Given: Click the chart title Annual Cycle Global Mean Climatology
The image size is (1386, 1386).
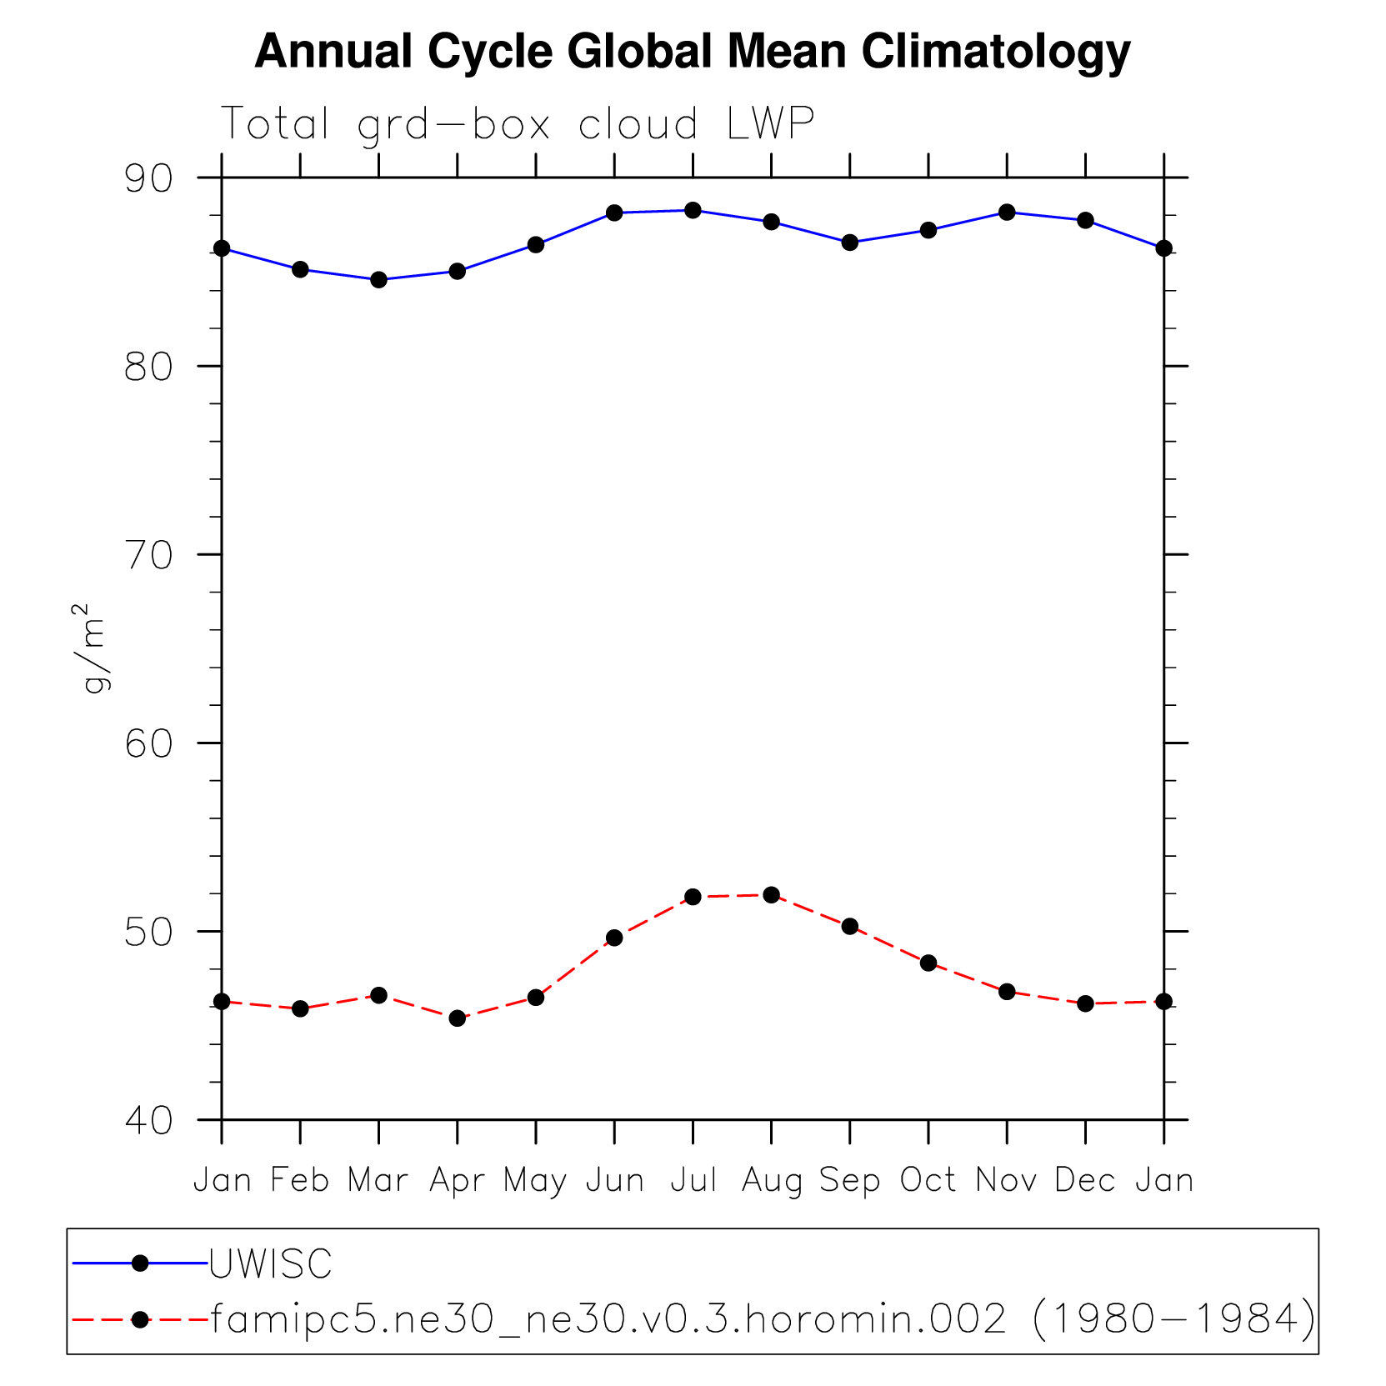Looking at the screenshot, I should [x=692, y=52].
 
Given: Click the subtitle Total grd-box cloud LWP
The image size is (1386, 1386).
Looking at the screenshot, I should [x=517, y=125].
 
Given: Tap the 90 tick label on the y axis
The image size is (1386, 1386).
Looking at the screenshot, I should [x=148, y=178].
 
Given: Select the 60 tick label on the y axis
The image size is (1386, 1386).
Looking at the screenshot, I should [x=148, y=743].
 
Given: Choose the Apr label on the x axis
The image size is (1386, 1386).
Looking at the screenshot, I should [x=457, y=1180].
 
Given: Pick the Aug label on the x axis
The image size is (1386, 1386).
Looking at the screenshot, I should [x=772, y=1180].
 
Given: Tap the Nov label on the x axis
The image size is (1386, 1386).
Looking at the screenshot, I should [x=1007, y=1180].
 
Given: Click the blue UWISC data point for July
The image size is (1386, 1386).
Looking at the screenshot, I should [x=693, y=210].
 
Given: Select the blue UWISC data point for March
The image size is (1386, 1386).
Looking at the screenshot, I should [x=378, y=280].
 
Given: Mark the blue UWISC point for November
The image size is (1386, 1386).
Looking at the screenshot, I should [x=1007, y=213].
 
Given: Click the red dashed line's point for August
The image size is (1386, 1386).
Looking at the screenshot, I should [x=771, y=895].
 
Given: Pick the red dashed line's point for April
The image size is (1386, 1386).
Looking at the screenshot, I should [x=457, y=1018].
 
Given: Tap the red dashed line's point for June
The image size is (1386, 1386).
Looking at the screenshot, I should [x=614, y=938].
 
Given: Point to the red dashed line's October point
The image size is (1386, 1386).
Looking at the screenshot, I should [x=928, y=963].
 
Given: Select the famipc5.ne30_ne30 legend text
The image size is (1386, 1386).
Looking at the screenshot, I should [x=763, y=1319].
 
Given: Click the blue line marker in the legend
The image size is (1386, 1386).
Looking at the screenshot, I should [x=140, y=1263].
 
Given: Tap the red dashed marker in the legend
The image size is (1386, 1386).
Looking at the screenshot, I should [x=140, y=1319].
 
